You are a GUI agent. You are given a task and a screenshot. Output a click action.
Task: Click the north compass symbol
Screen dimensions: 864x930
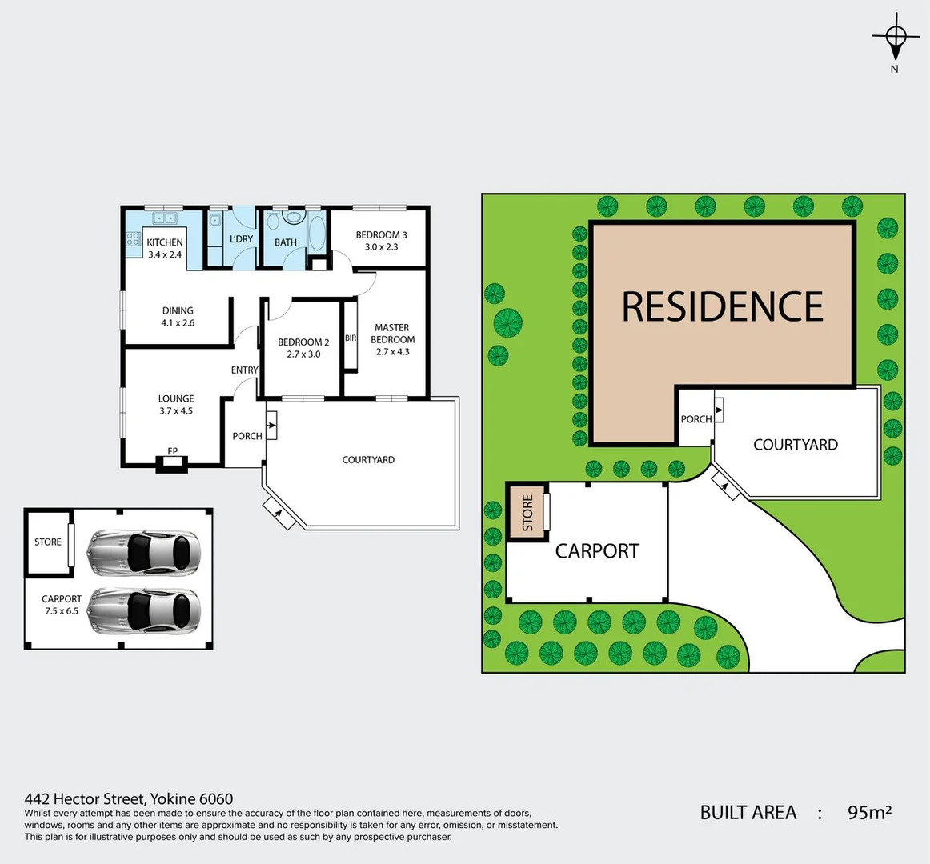click(x=896, y=38)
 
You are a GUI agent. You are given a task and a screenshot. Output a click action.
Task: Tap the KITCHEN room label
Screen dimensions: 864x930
click(x=165, y=242)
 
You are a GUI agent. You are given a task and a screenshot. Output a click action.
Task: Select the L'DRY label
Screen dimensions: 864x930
click(x=241, y=238)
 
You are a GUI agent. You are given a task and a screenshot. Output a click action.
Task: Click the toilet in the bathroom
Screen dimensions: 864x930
click(x=273, y=219)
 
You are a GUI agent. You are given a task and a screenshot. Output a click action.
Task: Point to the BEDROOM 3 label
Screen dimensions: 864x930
click(x=381, y=234)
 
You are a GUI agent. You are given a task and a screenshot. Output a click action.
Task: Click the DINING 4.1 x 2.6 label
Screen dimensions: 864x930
click(x=178, y=317)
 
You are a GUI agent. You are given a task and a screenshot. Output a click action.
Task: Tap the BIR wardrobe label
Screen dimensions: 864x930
click(x=351, y=338)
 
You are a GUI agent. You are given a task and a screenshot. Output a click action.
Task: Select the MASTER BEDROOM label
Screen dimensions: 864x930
click(x=392, y=334)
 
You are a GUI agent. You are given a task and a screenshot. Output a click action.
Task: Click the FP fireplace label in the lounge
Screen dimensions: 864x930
click(x=172, y=451)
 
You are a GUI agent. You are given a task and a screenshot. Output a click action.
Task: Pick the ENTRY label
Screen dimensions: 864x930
click(x=244, y=370)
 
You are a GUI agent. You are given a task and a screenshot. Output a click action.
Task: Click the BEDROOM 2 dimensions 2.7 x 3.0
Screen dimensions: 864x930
click(x=303, y=354)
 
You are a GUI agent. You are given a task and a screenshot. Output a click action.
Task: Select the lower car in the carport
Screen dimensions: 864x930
click(x=143, y=611)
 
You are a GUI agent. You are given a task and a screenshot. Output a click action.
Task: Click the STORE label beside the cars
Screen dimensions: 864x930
click(x=48, y=542)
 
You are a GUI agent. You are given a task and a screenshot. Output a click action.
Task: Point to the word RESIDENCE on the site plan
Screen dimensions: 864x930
click(x=722, y=306)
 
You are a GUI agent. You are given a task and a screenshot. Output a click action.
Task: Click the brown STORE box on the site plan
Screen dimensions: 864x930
click(x=527, y=512)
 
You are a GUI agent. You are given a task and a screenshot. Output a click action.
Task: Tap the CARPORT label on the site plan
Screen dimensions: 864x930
click(x=597, y=551)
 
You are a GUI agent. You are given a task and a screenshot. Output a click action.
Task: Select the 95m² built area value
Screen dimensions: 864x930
click(x=869, y=813)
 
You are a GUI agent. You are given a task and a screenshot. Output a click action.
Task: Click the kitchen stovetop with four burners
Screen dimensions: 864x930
click(x=133, y=241)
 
